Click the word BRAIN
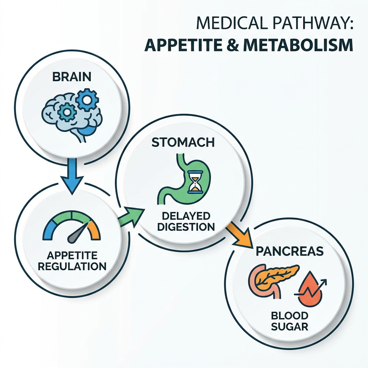pyautogui.click(x=72, y=77)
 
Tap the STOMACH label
pyautogui.click(x=183, y=142)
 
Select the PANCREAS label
pyautogui.click(x=290, y=251)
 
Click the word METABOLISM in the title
pyautogui.click(x=298, y=45)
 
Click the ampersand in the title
pyautogui.click(x=233, y=45)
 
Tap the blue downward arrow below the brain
pyautogui.click(x=72, y=176)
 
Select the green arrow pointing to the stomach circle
pyautogui.click(x=132, y=216)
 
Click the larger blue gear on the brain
pyautogui.click(x=87, y=100)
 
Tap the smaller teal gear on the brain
pyautogui.click(x=66, y=112)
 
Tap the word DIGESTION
pyautogui.click(x=186, y=227)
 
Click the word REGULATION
pyautogui.click(x=72, y=266)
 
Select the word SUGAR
pyautogui.click(x=290, y=326)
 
